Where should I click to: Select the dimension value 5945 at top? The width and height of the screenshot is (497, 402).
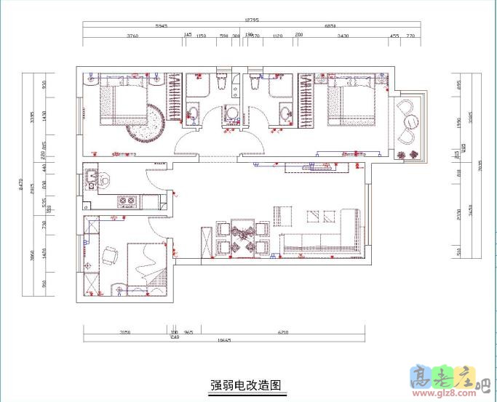click(161, 27)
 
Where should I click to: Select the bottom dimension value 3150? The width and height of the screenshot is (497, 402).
click(124, 332)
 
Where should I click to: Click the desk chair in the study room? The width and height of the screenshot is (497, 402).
click(111, 255)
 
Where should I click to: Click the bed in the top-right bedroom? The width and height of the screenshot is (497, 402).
click(351, 102)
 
